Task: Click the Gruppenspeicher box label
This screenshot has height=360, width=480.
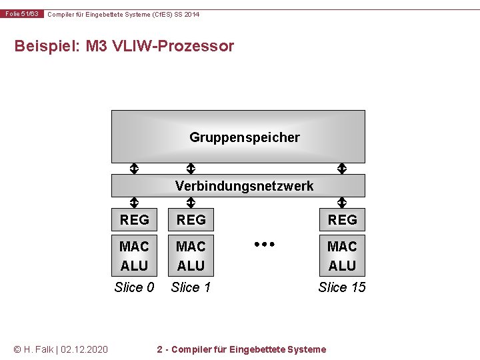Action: click(x=244, y=137)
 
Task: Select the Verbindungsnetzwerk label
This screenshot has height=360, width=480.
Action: click(x=244, y=186)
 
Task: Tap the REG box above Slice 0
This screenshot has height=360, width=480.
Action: click(x=134, y=219)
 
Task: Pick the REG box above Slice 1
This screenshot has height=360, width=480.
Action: click(x=191, y=219)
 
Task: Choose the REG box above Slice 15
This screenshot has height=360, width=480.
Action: click(x=342, y=219)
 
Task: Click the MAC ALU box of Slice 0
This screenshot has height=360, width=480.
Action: click(x=134, y=256)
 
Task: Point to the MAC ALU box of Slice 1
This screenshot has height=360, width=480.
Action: click(x=191, y=256)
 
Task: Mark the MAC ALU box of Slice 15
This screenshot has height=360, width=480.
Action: click(x=342, y=256)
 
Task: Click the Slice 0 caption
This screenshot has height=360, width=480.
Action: click(x=134, y=287)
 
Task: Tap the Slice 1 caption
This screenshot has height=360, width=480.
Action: click(x=191, y=287)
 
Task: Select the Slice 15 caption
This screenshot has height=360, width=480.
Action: click(x=342, y=287)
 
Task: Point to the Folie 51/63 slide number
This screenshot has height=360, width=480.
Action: click(x=23, y=14)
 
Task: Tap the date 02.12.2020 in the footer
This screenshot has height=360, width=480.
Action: click(x=85, y=349)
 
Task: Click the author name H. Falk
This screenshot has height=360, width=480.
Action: click(x=40, y=349)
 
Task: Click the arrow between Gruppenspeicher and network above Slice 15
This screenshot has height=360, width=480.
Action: click(x=342, y=169)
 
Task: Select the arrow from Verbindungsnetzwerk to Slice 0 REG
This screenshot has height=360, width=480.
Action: click(x=134, y=202)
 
